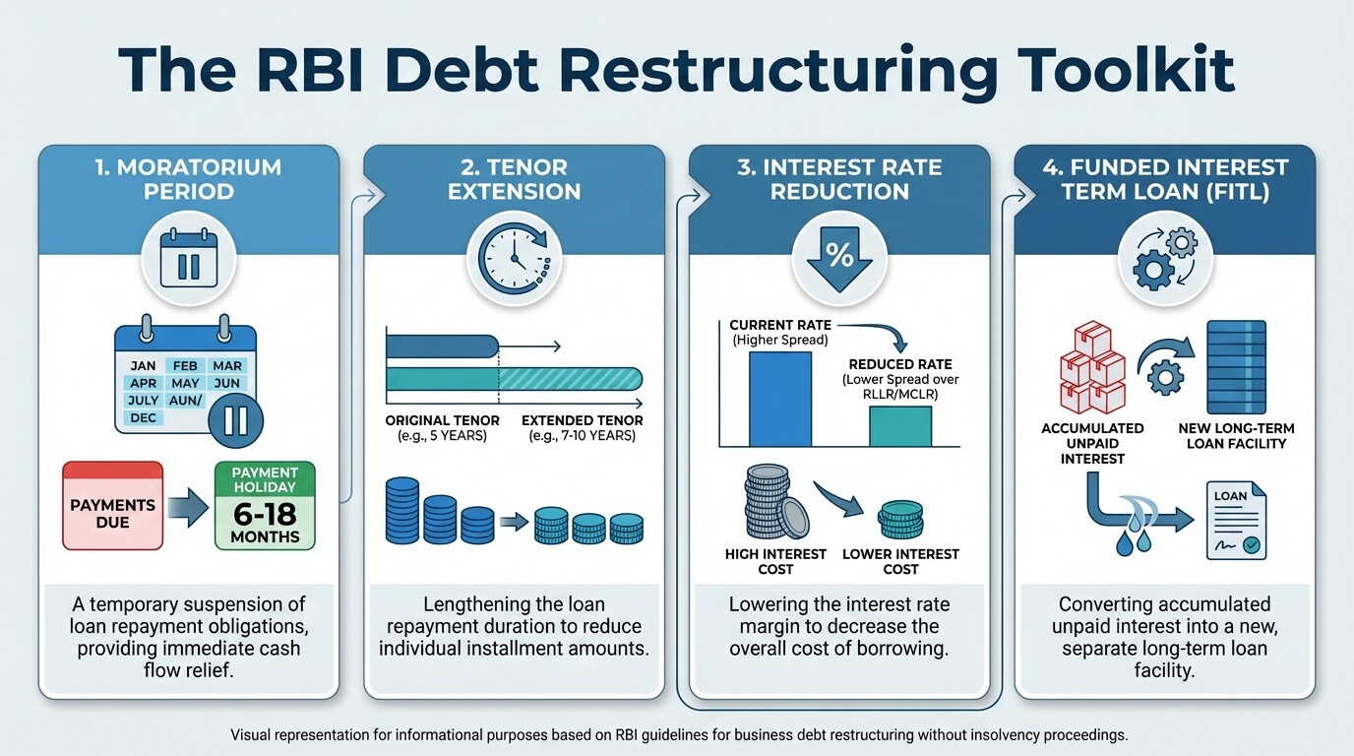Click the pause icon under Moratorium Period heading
pyautogui.click(x=188, y=264)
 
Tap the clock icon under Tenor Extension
pyautogui.click(x=514, y=259)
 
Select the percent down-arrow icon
pyautogui.click(x=838, y=259)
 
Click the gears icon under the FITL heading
pyautogui.click(x=1163, y=259)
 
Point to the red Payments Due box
pyautogui.click(x=112, y=506)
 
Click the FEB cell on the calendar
pyautogui.click(x=185, y=365)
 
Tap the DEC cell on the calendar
pyautogui.click(x=143, y=417)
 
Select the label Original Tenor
pyautogui.click(x=442, y=427)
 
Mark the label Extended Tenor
pyautogui.click(x=582, y=427)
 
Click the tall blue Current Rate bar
pyautogui.click(x=780, y=399)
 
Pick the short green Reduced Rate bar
pyautogui.click(x=899, y=425)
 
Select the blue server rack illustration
pyautogui.click(x=1236, y=366)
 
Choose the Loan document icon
pyautogui.click(x=1236, y=520)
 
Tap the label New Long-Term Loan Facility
pyautogui.click(x=1236, y=436)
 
